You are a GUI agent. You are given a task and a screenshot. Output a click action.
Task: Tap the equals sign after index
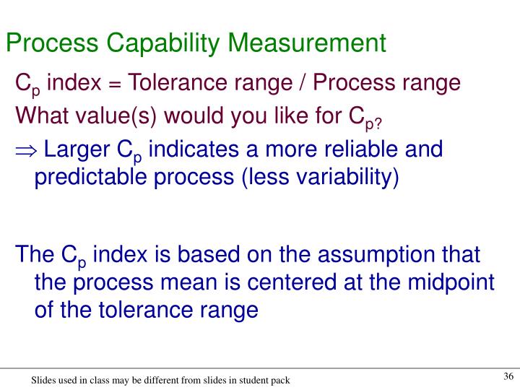116,84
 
